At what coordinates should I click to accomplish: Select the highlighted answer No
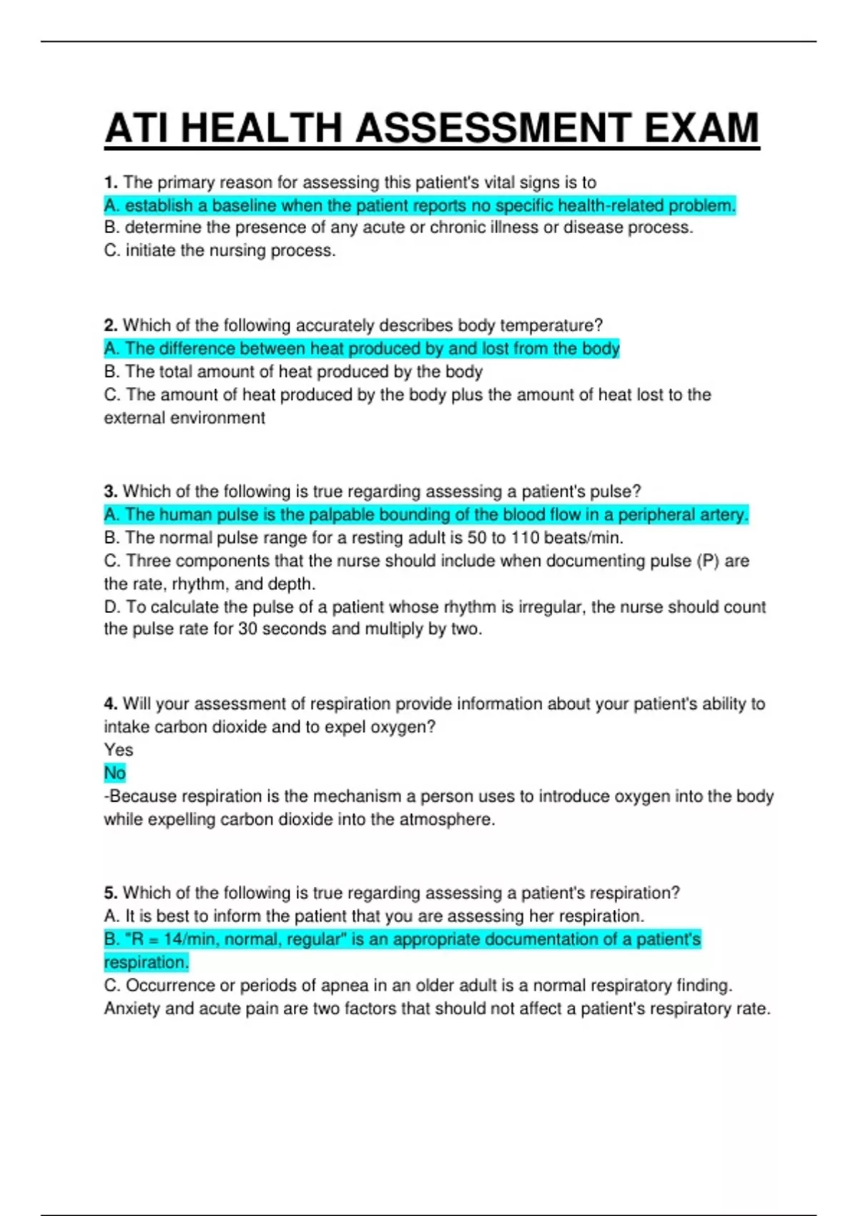tap(114, 773)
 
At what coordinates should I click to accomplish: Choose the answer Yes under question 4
tap(119, 750)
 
